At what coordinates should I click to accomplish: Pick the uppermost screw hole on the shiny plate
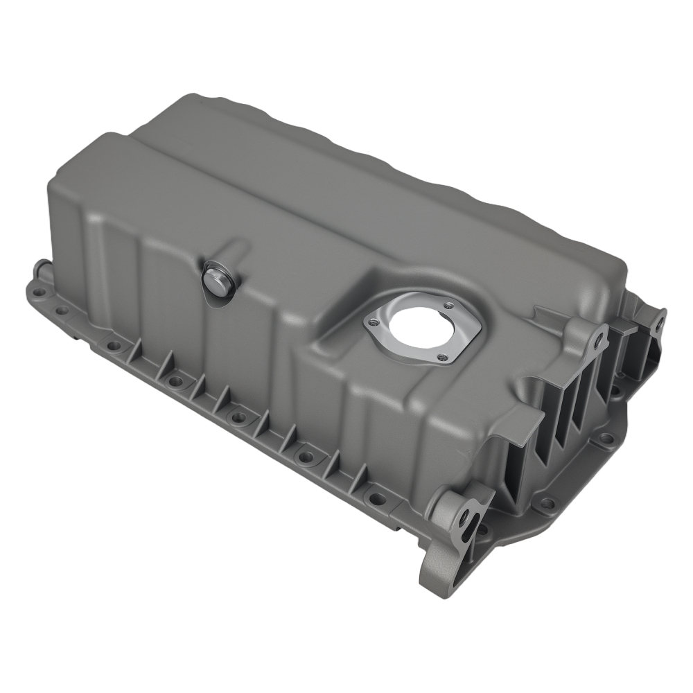click(x=448, y=305)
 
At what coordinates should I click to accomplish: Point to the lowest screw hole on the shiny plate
click(x=441, y=357)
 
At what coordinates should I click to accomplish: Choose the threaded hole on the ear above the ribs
click(x=598, y=340)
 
